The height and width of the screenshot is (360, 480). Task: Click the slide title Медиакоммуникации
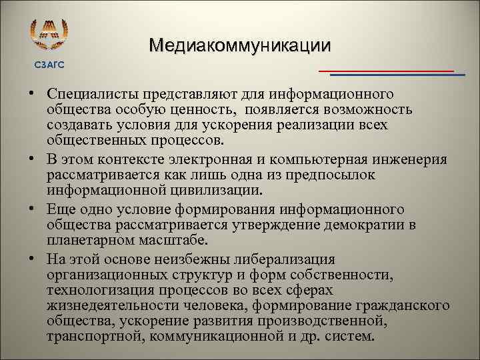pyautogui.click(x=239, y=45)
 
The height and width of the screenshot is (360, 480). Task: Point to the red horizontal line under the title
pyautogui.click(x=386, y=70)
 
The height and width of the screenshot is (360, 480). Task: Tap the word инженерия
pyautogui.click(x=414, y=159)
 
